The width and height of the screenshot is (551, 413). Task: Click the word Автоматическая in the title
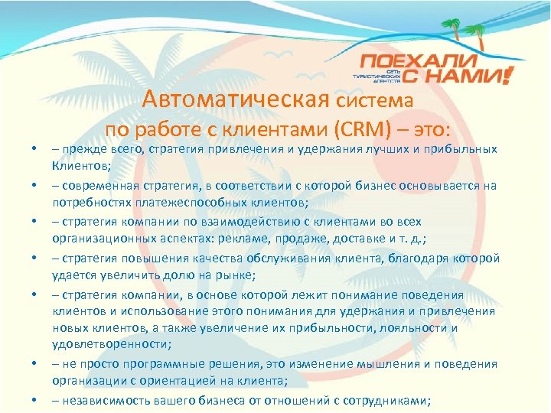coord(235,99)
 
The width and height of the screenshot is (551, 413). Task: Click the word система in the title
coord(374,100)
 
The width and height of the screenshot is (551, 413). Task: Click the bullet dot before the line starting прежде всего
coord(35,149)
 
